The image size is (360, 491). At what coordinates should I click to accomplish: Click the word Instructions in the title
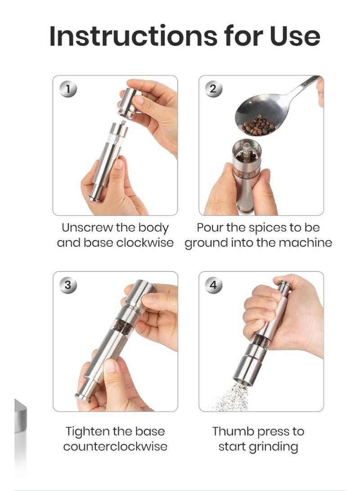pyautogui.click(x=115, y=36)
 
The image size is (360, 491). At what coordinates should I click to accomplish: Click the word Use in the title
pyautogui.click(x=295, y=36)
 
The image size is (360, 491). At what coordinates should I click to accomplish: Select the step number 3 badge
pyautogui.click(x=67, y=285)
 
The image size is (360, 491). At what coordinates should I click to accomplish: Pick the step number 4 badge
pyautogui.click(x=213, y=285)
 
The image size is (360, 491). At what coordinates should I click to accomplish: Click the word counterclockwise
pyautogui.click(x=115, y=446)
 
